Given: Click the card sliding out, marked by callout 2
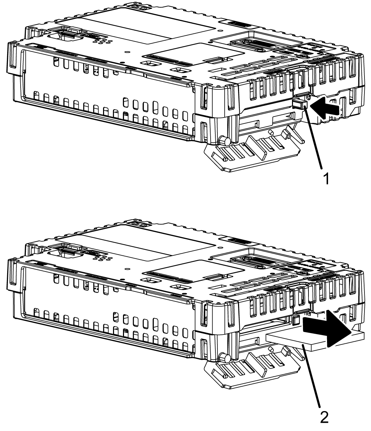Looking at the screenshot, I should point(295,342).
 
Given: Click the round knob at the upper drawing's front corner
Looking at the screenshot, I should point(225,141).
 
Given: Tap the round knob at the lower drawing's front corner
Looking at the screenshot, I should point(225,357).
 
